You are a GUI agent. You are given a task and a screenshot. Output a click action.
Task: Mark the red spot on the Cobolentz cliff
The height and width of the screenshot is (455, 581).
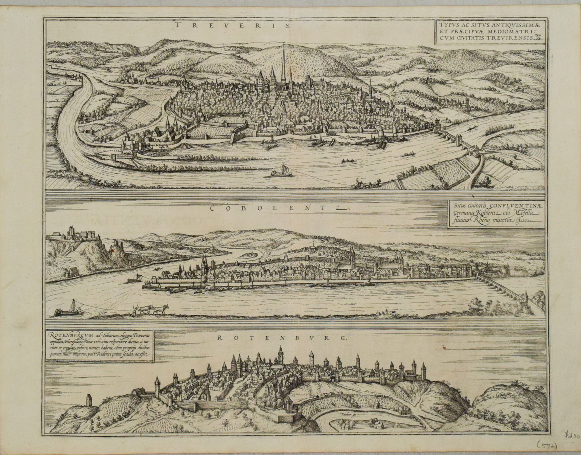click(112, 250)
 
